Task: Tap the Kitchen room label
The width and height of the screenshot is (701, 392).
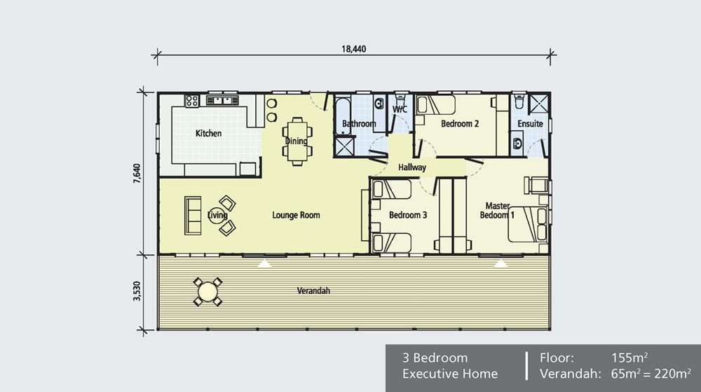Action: tap(208, 133)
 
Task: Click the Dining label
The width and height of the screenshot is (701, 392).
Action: tap(297, 141)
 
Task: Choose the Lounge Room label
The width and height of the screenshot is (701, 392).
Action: tap(296, 215)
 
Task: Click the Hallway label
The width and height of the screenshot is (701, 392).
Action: tap(412, 168)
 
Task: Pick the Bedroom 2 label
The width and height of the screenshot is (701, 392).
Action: tap(460, 124)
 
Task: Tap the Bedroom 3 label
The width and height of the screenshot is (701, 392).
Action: tap(408, 215)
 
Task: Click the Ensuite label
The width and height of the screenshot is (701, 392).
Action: tap(530, 124)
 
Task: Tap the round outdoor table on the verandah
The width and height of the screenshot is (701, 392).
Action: tap(207, 291)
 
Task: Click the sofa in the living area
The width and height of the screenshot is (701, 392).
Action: tap(191, 215)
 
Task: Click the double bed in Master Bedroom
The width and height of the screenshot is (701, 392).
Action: tap(526, 224)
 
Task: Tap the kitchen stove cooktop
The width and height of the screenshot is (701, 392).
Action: tap(191, 101)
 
